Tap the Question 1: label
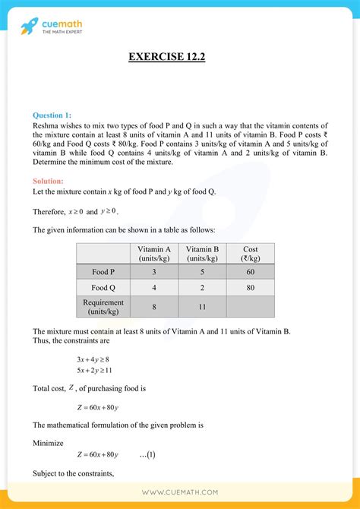[x=53, y=115]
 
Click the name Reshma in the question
[x=48, y=125]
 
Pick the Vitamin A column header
[x=153, y=253]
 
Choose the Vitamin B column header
[x=202, y=253]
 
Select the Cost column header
[x=251, y=253]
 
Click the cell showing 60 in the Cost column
[x=251, y=271]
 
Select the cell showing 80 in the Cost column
[x=251, y=288]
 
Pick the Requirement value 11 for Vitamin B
[x=202, y=306]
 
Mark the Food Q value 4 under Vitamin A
[x=153, y=288]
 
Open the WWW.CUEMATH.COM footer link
[x=180, y=492]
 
